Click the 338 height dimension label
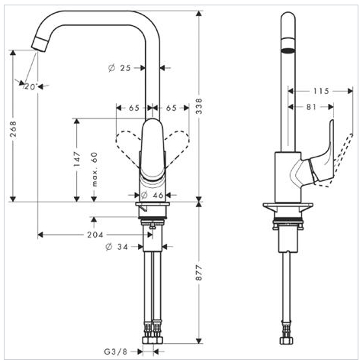(x=199, y=106)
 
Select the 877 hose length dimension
(x=199, y=273)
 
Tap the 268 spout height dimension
(x=13, y=129)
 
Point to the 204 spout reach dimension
(x=95, y=235)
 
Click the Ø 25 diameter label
(x=119, y=68)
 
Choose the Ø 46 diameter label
(x=152, y=195)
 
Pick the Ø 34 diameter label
(x=117, y=247)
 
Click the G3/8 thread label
(x=116, y=352)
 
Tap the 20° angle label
(x=31, y=87)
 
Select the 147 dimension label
(x=76, y=159)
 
